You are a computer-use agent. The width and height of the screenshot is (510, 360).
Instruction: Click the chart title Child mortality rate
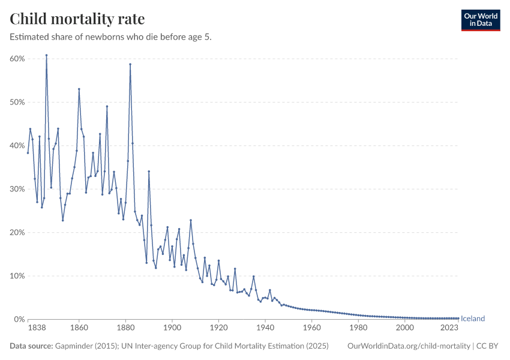pos(77,19)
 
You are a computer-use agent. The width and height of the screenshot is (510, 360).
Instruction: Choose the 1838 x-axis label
pos(28,329)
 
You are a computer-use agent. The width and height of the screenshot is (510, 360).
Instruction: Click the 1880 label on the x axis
pos(125,329)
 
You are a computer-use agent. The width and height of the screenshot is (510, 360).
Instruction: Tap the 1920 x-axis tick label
pos(218,329)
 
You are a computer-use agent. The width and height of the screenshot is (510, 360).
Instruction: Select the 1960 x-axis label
pos(311,329)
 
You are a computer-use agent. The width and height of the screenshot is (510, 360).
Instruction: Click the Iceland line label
pos(473,319)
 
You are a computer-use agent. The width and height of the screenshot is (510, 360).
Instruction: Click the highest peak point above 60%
pos(46,55)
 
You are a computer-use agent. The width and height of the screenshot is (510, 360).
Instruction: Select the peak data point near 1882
pos(130,64)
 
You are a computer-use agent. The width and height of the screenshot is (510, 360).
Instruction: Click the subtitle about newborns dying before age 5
pos(111,37)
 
